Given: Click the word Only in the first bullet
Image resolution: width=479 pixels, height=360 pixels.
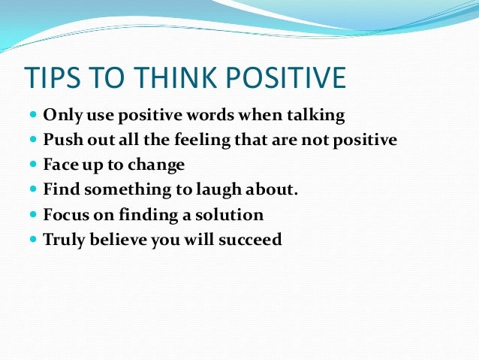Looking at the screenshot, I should coord(61,115).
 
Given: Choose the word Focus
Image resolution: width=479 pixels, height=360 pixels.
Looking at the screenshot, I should coord(65,215).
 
